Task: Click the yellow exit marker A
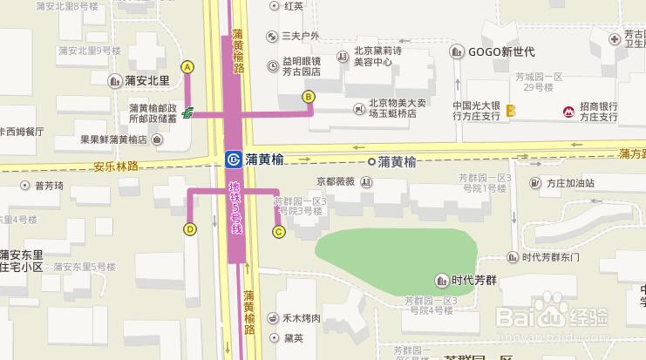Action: [x=187, y=67]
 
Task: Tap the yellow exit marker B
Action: [x=308, y=97]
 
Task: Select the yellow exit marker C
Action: [x=279, y=232]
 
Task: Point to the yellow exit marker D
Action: [x=189, y=229]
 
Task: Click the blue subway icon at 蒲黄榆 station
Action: [x=233, y=160]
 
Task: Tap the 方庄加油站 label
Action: [x=570, y=184]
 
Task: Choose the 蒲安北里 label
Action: [x=146, y=81]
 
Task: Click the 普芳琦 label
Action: [x=49, y=186]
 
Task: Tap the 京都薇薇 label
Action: [x=336, y=182]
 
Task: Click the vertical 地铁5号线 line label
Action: [x=235, y=207]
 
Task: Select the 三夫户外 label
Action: [x=301, y=36]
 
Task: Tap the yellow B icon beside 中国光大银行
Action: [x=511, y=112]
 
